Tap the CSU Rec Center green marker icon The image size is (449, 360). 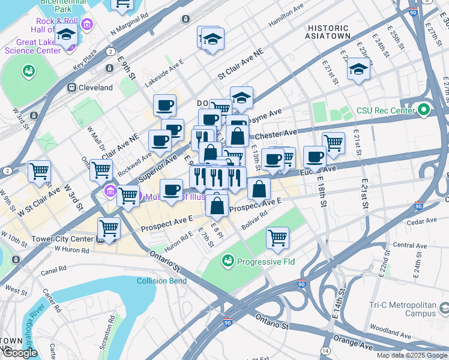[x=424, y=110]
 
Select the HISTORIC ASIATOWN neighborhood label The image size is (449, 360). [x=328, y=32]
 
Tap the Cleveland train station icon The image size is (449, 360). [x=71, y=88]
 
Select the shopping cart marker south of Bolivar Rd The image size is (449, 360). [x=277, y=238]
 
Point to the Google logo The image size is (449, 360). [x=20, y=353]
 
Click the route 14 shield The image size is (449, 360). [x=325, y=350]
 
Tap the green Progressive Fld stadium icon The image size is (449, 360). [x=228, y=261]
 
